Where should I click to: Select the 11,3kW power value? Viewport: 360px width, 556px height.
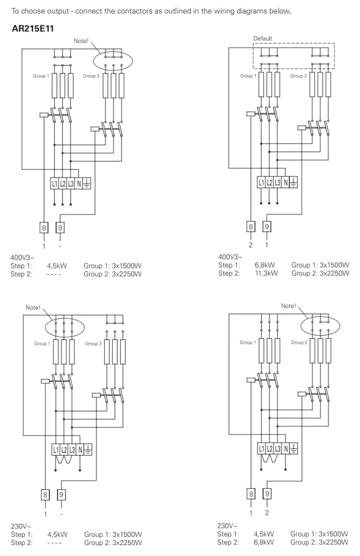coord(266,274)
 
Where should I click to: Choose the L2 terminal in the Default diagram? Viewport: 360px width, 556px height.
coord(269,182)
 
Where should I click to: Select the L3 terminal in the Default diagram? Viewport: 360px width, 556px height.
coord(278,182)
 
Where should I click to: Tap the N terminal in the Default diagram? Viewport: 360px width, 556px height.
coord(286,182)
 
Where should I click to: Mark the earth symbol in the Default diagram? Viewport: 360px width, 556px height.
coord(294,182)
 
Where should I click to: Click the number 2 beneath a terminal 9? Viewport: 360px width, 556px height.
coord(267,513)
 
